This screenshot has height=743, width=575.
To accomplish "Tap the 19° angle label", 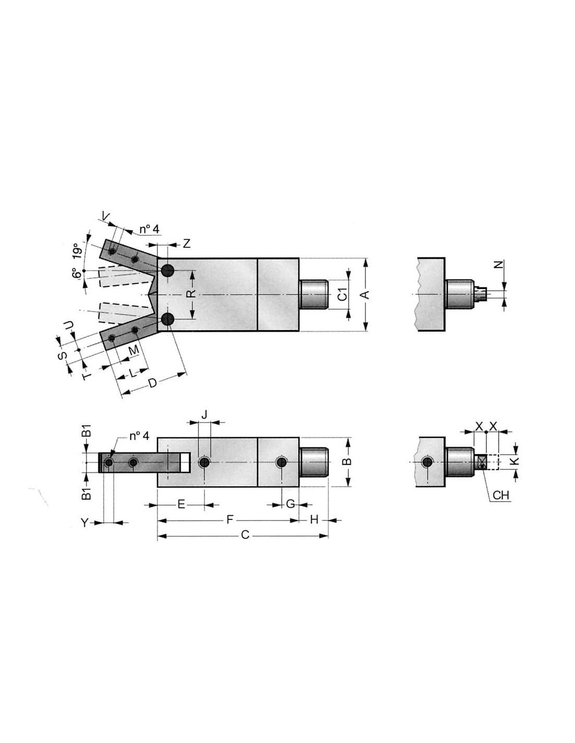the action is [x=78, y=251].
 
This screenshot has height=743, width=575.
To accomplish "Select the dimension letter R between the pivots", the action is [x=192, y=293].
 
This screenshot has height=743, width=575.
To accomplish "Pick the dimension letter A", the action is [x=366, y=294].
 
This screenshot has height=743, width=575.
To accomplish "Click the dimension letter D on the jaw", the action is [x=153, y=383].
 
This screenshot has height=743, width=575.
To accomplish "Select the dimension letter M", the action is [x=134, y=350].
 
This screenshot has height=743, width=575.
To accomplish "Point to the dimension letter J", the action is [x=204, y=415].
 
